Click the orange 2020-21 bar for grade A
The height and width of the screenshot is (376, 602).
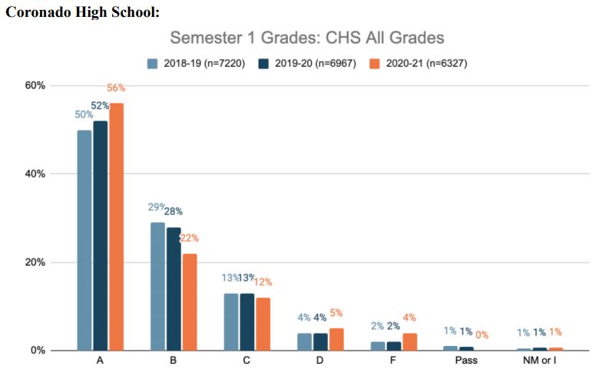pyautogui.click(x=116, y=226)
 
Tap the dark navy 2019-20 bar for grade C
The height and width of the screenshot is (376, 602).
pyautogui.click(x=247, y=322)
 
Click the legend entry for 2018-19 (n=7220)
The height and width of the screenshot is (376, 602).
pyautogui.click(x=196, y=64)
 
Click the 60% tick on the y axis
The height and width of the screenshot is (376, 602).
pyautogui.click(x=35, y=85)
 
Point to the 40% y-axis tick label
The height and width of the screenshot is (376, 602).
pyautogui.click(x=35, y=174)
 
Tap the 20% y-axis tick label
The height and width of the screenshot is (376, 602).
pyautogui.click(x=35, y=262)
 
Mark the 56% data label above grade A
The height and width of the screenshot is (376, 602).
pyautogui.click(x=116, y=88)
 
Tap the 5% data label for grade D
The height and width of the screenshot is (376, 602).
pyautogui.click(x=336, y=313)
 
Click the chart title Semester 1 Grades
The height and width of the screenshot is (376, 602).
pyautogui.click(x=306, y=38)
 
